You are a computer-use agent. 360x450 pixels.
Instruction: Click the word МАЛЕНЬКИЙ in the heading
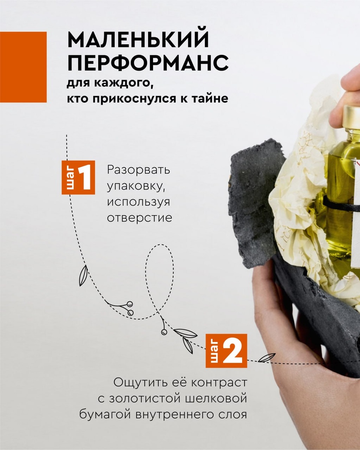point(138,39)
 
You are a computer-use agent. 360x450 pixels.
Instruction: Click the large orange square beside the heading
point(23,67)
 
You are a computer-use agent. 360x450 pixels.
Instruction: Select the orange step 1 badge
point(78,177)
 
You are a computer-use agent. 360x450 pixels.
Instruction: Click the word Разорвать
point(138,170)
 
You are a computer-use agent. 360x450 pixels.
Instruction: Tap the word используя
point(138,202)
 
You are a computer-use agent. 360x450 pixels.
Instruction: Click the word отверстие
point(139,218)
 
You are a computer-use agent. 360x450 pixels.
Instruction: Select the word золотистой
point(144,399)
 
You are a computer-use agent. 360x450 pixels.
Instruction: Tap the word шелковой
point(216,399)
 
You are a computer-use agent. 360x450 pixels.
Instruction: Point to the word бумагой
point(105,415)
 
